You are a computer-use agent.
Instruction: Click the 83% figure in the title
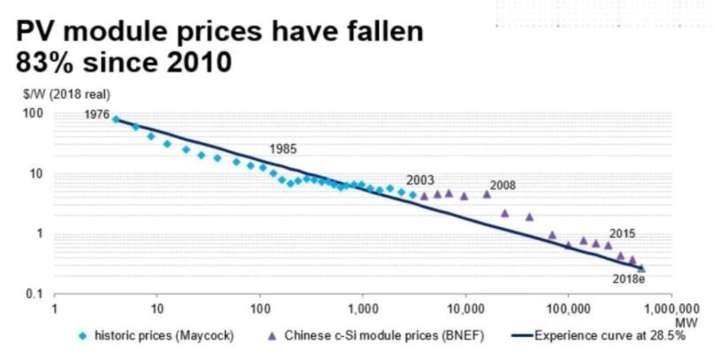click(48, 65)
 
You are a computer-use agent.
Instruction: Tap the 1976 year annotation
click(96, 115)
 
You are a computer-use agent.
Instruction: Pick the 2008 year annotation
click(501, 186)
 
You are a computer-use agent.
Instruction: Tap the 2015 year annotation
click(623, 234)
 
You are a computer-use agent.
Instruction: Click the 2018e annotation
click(630, 279)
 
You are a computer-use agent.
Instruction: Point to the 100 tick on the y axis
click(34, 113)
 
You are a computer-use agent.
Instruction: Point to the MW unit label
click(683, 322)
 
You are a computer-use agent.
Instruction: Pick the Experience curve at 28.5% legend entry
click(610, 337)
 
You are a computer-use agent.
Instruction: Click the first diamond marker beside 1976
click(116, 119)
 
